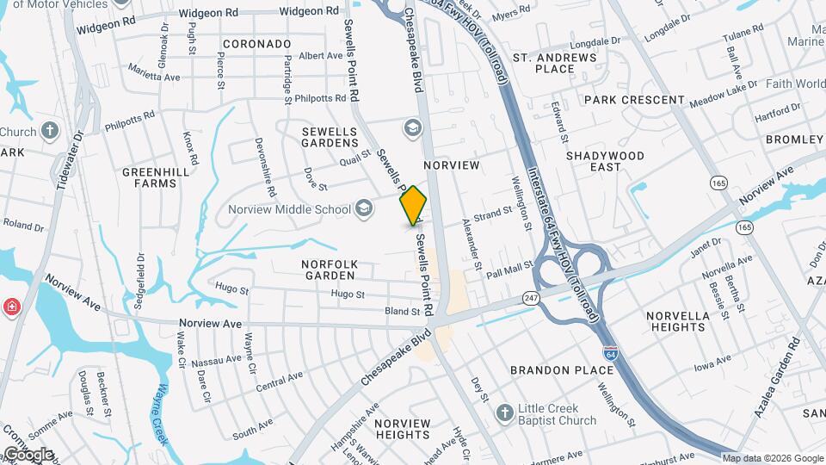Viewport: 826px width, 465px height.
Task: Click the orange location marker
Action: (414, 205)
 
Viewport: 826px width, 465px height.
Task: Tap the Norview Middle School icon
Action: (364, 208)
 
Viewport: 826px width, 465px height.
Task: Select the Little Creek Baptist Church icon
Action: (505, 414)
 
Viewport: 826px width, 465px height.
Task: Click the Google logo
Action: (28, 454)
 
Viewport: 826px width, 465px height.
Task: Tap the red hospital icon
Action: (10, 307)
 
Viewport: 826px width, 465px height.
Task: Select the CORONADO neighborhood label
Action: (256, 43)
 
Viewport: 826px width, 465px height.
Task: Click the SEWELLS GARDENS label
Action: (330, 137)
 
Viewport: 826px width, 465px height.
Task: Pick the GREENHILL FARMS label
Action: (155, 177)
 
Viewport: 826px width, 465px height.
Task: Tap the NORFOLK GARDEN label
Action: (328, 269)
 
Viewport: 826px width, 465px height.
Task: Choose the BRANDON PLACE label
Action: (563, 370)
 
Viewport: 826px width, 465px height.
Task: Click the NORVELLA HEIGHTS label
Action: (678, 321)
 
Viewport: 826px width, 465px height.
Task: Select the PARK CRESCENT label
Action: (633, 100)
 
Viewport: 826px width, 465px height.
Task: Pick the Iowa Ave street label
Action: (712, 360)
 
